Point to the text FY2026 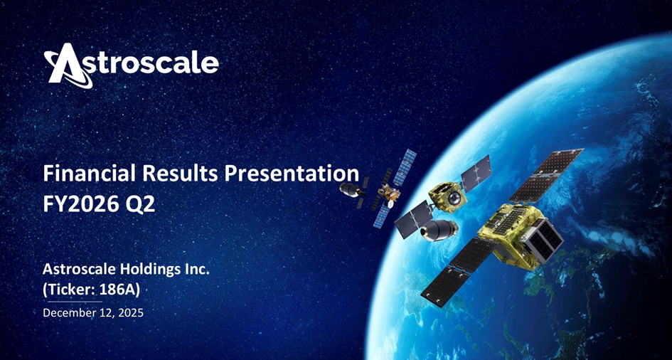coord(80,205)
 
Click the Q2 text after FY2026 coord(139,206)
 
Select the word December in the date coord(68,313)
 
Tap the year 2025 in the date coord(131,313)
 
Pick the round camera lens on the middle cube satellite coord(454,197)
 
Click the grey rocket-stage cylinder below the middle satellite coord(438,231)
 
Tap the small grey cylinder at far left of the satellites coord(351,189)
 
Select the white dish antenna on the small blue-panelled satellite coord(390,203)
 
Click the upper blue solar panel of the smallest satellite coord(405,167)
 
